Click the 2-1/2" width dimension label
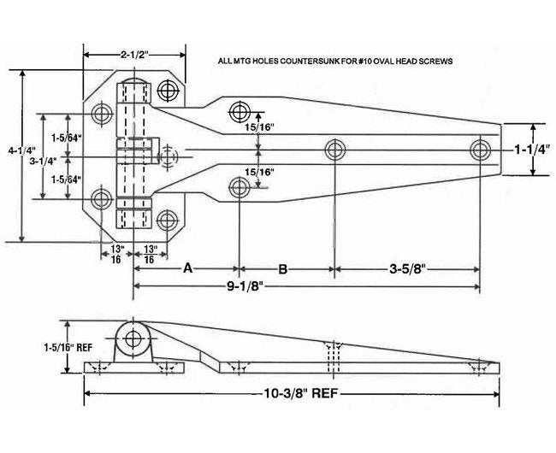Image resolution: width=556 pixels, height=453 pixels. (x=135, y=54)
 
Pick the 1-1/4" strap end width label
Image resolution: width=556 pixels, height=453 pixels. (x=530, y=149)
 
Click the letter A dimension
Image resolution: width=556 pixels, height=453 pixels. (x=186, y=268)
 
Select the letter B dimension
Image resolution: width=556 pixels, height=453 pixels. (x=283, y=268)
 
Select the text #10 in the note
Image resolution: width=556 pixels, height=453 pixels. (x=374, y=62)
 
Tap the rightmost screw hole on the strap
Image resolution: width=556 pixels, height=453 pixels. (x=479, y=150)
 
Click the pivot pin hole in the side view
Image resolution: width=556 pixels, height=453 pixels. (x=134, y=338)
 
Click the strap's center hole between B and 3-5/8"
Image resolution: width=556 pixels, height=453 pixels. (x=334, y=150)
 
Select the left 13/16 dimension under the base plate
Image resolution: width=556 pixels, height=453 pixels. (x=117, y=253)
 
